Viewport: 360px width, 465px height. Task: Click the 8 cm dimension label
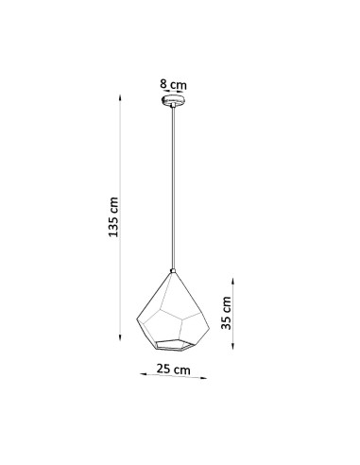[173, 84]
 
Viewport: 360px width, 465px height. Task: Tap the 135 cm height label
[113, 217]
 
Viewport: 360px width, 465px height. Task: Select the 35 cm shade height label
[226, 313]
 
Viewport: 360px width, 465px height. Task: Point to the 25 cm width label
[174, 369]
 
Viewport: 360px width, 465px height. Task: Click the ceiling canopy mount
[173, 100]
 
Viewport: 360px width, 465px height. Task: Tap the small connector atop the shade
[173, 270]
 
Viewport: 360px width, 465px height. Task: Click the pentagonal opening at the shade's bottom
[173, 345]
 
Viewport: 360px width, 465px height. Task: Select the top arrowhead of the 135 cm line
[120, 97]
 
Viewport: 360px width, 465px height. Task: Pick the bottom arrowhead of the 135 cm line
[120, 337]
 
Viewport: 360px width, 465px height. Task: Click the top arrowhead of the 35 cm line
[232, 281]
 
